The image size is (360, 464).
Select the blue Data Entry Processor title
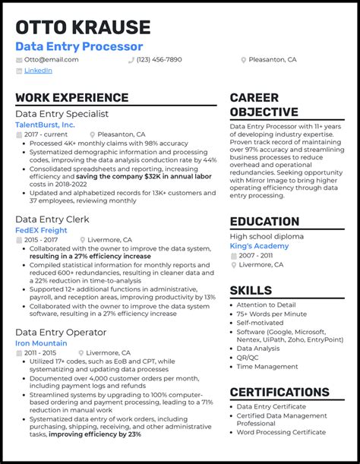click(79, 46)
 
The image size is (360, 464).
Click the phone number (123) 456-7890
click(159, 59)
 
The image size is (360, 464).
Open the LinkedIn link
click(38, 71)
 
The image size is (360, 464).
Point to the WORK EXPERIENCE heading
click(71, 98)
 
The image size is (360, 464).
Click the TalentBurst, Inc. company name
click(45, 124)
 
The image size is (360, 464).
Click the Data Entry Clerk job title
click(52, 219)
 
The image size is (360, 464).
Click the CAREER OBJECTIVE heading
click(265, 105)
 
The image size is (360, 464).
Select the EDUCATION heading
click(264, 222)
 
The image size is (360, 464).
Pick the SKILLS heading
click(251, 290)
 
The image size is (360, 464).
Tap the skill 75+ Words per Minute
click(271, 313)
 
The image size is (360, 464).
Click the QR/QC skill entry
click(248, 357)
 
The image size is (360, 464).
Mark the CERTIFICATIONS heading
click(279, 392)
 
